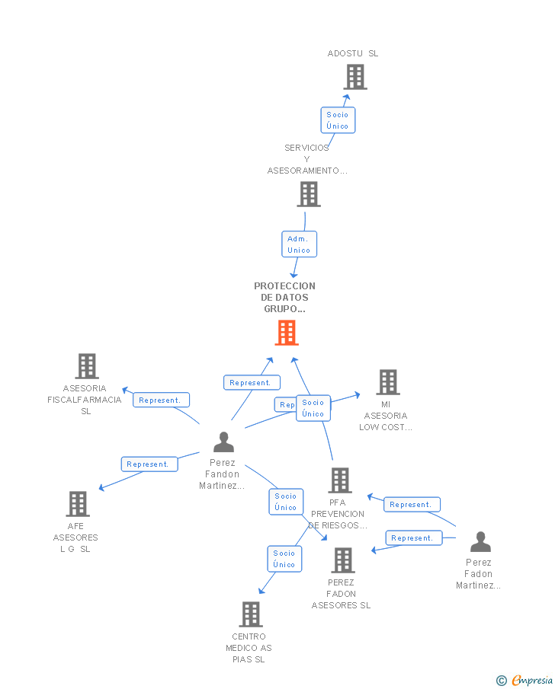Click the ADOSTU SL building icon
pos(354,77)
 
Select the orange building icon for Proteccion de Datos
pos(287,333)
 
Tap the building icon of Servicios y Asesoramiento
pos(308,194)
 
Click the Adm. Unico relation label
pos(299,244)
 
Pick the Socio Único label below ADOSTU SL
pos(337,120)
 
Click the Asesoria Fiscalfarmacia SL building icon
pos(87,366)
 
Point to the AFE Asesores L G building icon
pos(78,504)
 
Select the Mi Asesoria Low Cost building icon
pos(388,382)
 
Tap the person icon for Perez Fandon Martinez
pos(223,442)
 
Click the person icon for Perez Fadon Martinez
pos(480,542)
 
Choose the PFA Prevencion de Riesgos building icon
pos(340,480)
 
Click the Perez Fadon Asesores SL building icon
pos(343,560)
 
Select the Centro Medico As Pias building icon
pos(251,614)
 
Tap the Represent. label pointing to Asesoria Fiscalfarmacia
pos(161,400)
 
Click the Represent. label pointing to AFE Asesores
pos(149,464)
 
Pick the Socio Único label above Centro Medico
pos(284,559)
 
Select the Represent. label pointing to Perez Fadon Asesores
pos(413,537)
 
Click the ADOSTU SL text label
pos(352,53)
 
